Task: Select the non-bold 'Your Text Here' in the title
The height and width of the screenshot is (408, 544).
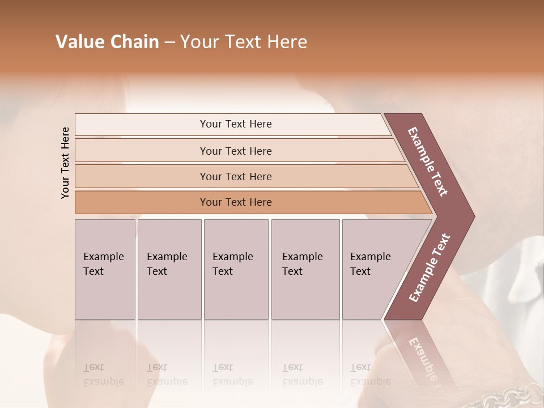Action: click(x=244, y=42)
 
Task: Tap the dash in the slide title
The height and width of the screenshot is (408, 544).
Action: click(x=169, y=42)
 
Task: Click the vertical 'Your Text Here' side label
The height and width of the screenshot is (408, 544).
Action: click(x=65, y=163)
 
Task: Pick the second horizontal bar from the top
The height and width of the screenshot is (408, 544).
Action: click(x=235, y=151)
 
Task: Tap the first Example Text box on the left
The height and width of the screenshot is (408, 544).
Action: click(x=105, y=269)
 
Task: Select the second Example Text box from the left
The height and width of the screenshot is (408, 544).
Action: click(x=169, y=269)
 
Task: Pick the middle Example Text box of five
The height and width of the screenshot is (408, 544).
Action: click(x=236, y=269)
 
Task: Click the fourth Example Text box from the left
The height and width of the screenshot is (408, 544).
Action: click(x=305, y=269)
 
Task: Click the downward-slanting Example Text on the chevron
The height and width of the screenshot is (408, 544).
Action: click(x=428, y=161)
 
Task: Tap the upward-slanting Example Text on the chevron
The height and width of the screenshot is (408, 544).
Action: click(x=430, y=268)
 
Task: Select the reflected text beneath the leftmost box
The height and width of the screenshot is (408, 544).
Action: click(x=104, y=375)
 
